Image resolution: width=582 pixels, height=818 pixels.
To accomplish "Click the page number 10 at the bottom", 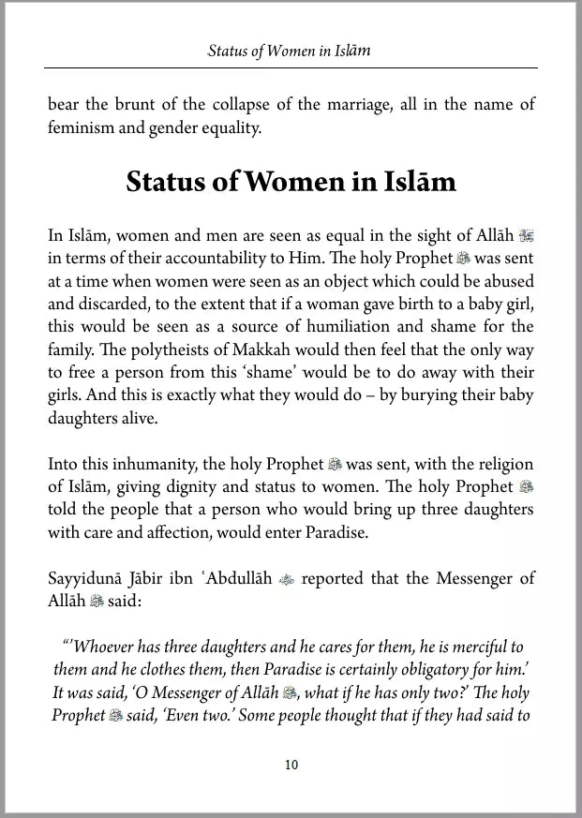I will pyautogui.click(x=291, y=765).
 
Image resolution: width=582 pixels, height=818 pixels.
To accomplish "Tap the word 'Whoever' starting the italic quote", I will pyautogui.click(x=105, y=647).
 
